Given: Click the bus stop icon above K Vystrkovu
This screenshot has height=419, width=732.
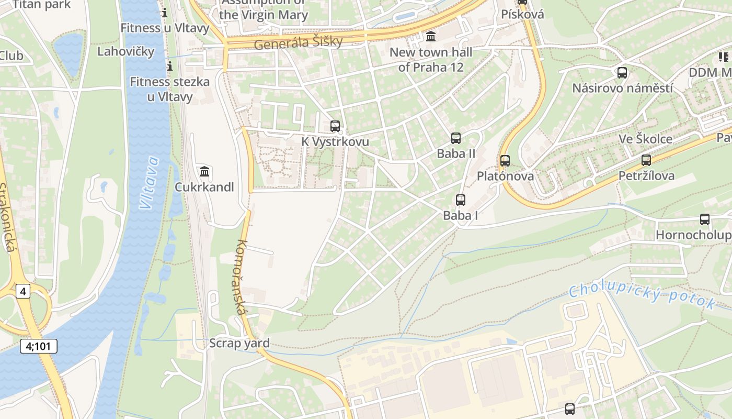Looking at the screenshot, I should tap(335, 126).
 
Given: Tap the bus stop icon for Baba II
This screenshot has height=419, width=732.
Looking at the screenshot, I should tap(456, 138).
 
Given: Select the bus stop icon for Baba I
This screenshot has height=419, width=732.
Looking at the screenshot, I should tap(460, 200).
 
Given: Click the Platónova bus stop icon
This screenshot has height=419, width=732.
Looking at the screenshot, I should tap(505, 161).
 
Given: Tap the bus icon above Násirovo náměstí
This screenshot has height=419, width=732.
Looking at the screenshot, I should tap(622, 73).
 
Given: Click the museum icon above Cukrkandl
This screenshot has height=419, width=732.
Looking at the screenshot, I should tap(204, 171).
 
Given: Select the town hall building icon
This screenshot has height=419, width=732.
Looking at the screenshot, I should tap(431, 37).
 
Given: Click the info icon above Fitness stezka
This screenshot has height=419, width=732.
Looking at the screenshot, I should tap(169, 66).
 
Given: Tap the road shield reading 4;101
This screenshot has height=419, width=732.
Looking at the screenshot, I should tap(39, 346).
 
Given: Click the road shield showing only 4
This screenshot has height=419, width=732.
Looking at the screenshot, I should tap(22, 291).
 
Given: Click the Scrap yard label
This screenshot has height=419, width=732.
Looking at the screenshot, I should tap(239, 343).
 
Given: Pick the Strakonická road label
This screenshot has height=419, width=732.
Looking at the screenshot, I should tap(7, 217).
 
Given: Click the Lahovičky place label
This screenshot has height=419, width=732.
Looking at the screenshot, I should tap(126, 51).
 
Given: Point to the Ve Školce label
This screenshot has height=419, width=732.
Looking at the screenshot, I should tap(645, 139).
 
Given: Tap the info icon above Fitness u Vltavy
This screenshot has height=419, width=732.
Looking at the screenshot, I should tap(165, 12).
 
